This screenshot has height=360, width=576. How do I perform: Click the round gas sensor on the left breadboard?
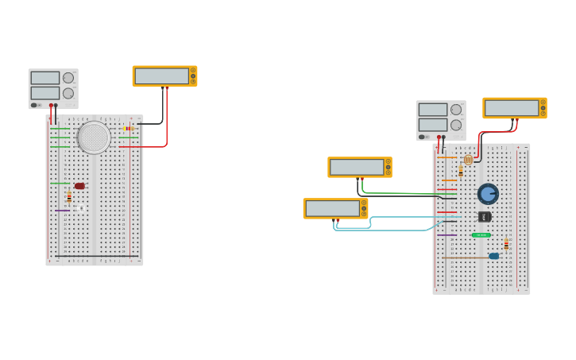coord(94,137)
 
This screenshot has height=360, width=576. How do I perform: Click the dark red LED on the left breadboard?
coord(79,186)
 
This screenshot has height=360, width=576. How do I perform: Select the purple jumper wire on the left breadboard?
coord(62,210)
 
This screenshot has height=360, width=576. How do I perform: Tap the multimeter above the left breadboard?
coord(164,76)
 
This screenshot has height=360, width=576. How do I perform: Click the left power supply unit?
coord(53,87)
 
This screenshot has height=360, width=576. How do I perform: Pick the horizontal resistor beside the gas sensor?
coord(129,129)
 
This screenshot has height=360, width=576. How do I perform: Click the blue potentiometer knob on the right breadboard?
coord(488,194)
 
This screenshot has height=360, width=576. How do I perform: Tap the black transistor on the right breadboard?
coord(485,216)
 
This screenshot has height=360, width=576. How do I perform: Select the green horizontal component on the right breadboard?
coord(481,235)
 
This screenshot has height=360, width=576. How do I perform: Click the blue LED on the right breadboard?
coord(494,256)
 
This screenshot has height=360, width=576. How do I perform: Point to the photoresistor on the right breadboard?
coord(468,160)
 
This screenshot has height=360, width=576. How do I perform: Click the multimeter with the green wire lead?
coord(359,167)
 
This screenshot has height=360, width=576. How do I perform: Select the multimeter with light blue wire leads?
coord(335,208)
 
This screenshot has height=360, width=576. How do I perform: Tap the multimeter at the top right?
coord(514,108)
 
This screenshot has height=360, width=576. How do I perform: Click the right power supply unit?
coord(441,120)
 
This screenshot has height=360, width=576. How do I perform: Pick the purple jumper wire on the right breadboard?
coord(446,235)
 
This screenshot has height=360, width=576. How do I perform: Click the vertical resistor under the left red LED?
coord(69,196)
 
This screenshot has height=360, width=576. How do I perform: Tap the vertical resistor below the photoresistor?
coord(461,171)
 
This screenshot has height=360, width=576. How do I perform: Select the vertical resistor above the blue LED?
coord(506,244)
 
